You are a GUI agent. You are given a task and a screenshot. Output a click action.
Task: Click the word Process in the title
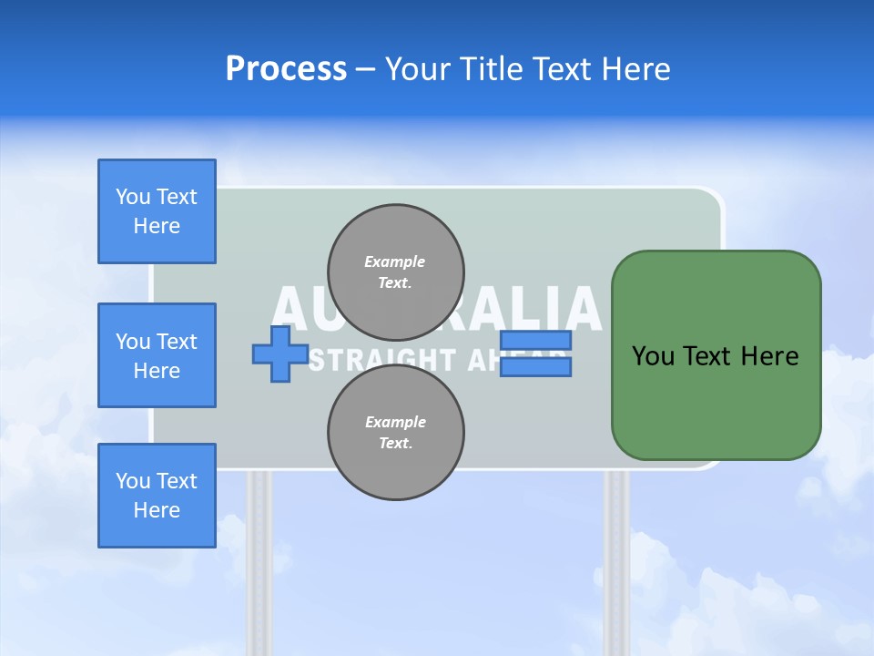(x=286, y=69)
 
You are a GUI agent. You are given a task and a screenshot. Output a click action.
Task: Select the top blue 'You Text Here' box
(x=157, y=211)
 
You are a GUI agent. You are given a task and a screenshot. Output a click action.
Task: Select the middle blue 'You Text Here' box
(x=157, y=355)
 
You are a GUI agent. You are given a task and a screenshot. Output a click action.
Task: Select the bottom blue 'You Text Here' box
(x=157, y=496)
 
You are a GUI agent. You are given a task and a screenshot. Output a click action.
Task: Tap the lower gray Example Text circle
(x=395, y=433)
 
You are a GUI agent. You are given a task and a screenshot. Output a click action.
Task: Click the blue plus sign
(x=280, y=354)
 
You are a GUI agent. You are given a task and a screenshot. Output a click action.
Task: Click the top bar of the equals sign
(x=535, y=341)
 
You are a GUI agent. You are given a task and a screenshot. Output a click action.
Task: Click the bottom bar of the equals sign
(x=535, y=367)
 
